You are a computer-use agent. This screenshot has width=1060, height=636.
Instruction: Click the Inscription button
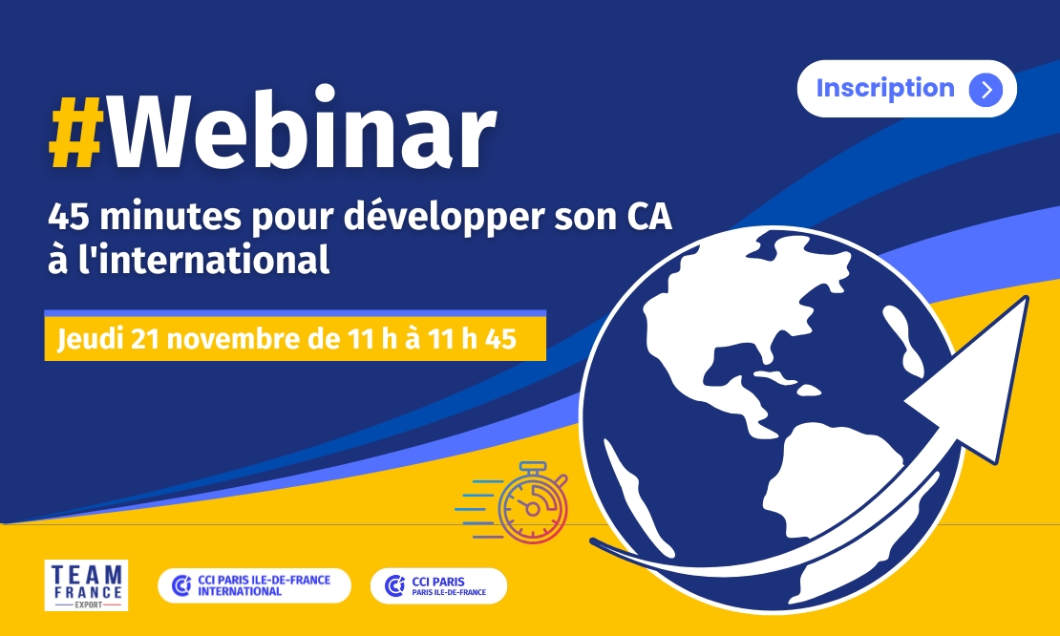[x=906, y=89]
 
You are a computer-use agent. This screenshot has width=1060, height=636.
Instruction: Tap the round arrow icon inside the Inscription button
[x=986, y=89]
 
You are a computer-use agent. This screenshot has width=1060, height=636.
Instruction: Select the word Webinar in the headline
[x=303, y=128]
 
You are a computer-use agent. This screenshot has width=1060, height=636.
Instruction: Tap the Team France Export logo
[x=86, y=585]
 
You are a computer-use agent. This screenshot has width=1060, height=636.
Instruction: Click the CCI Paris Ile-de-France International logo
[x=254, y=585]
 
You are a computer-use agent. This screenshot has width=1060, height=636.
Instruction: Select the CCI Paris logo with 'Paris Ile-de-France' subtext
[x=438, y=585]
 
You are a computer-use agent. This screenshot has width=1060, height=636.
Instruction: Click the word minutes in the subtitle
[x=170, y=217]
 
